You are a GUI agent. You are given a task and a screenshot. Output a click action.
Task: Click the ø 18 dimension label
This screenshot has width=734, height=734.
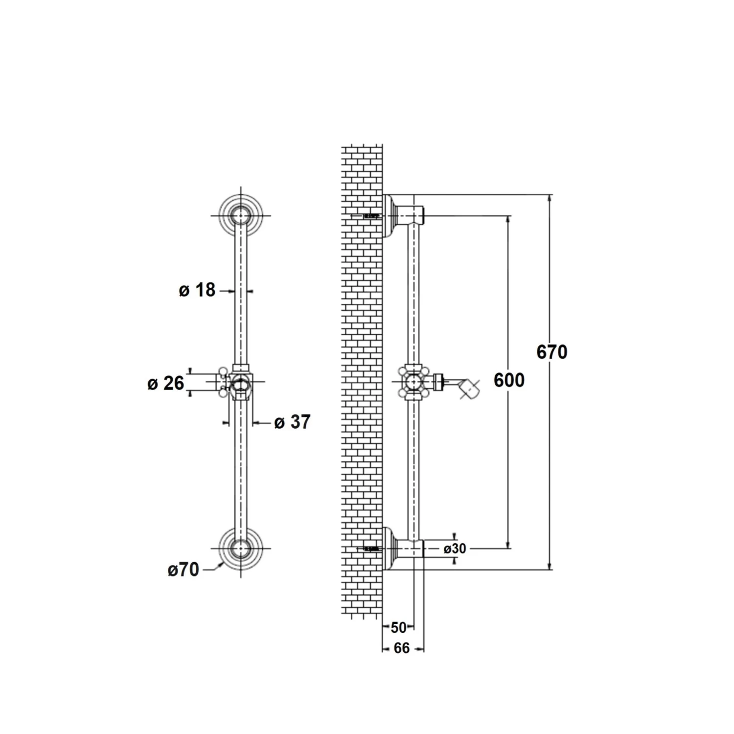pyautogui.click(x=197, y=290)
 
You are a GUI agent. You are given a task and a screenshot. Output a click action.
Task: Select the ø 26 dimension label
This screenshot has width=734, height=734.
pyautogui.click(x=166, y=383)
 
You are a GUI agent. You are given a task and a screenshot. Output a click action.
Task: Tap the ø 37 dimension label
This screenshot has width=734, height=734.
pyautogui.click(x=293, y=422)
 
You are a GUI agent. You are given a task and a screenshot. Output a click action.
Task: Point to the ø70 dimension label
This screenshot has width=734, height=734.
pyautogui.click(x=183, y=570)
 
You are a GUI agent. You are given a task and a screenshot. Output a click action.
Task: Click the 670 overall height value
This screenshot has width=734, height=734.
pyautogui.click(x=552, y=352)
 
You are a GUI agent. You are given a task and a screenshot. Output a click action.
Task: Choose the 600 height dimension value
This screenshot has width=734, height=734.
pyautogui.click(x=509, y=380)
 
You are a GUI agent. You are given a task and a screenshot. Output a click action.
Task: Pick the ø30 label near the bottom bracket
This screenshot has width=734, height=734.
pyautogui.click(x=455, y=549)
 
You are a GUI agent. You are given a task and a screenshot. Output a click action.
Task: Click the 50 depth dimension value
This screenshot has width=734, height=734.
pyautogui.click(x=399, y=627)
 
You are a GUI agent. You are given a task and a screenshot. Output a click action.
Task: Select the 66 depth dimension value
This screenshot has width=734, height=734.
pyautogui.click(x=402, y=648)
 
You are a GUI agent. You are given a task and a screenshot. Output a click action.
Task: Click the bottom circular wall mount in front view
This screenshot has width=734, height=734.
pyautogui.click(x=241, y=549)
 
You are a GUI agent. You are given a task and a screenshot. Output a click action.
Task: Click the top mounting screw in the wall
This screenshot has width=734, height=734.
pyautogui.click(x=372, y=215)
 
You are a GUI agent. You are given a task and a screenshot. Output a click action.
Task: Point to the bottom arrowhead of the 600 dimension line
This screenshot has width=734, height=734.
pyautogui.click(x=508, y=545)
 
